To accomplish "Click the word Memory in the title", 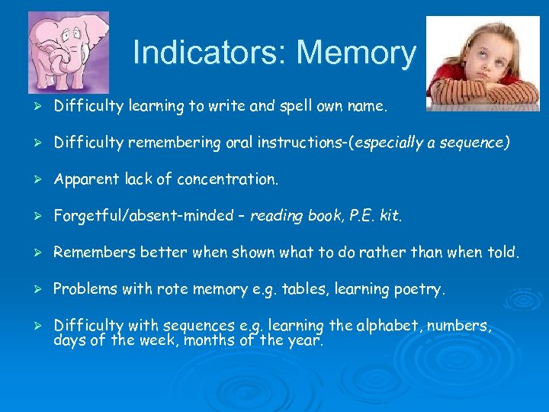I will click(357, 53).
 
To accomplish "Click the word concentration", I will click(229, 179).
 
